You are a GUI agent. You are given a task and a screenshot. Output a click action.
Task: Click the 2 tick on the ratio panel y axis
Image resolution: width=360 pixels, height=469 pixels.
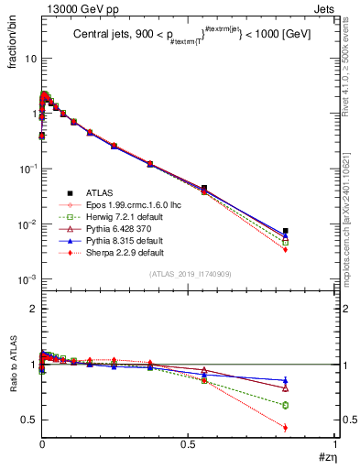pos(32,309)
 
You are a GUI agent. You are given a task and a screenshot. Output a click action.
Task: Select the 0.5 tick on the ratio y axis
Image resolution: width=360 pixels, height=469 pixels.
pos(27,420)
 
